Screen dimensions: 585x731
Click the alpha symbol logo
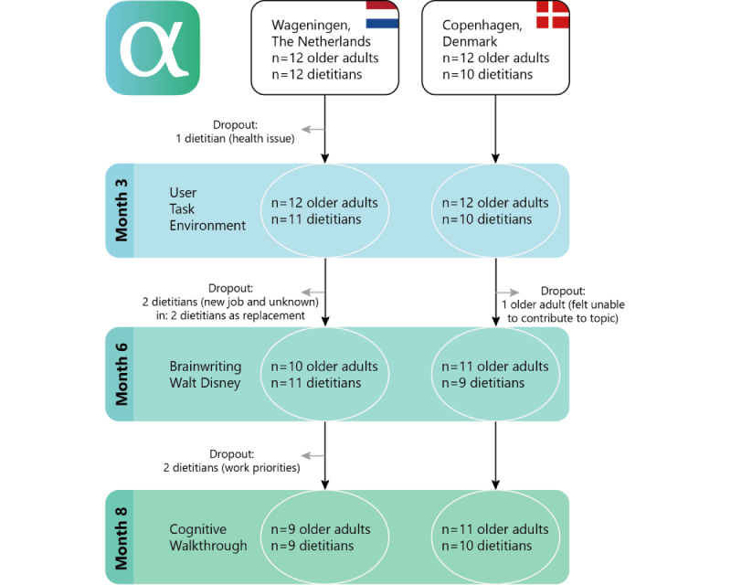153,48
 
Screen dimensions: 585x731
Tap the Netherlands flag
381,15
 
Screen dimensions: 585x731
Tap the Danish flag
551,15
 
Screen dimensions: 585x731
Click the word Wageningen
305,25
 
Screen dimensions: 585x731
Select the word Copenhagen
476,25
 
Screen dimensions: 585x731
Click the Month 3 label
121,210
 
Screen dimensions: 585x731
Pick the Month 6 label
121,375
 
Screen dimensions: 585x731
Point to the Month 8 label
121,537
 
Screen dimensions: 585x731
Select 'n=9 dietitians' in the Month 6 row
482,383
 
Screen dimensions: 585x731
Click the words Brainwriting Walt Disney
206,375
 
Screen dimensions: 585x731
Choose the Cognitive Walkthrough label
207,537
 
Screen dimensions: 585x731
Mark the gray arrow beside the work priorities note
312,454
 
